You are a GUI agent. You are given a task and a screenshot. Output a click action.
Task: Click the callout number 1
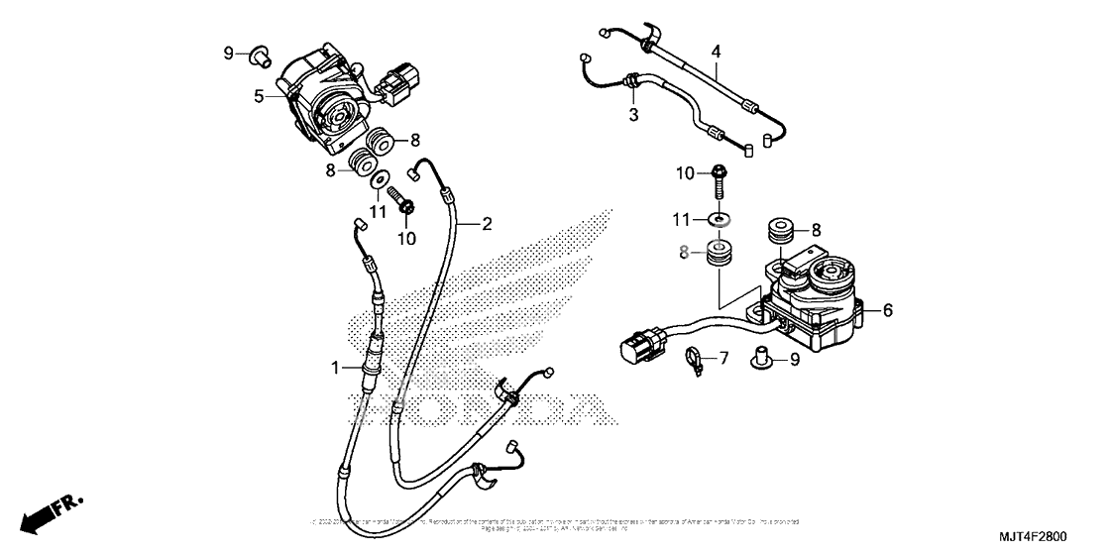coord(336,368)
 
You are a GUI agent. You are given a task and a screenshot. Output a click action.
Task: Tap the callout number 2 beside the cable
coord(487,224)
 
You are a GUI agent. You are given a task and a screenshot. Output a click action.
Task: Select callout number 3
coord(632,116)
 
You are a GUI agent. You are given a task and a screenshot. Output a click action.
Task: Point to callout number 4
coord(716,51)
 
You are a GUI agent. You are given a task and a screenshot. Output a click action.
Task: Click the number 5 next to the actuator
coord(258,96)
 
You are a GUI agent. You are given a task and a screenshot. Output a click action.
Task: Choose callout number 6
coord(887,310)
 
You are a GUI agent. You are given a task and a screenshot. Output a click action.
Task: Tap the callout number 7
coord(722,358)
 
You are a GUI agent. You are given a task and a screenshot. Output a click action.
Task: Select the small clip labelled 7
coord(695,359)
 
